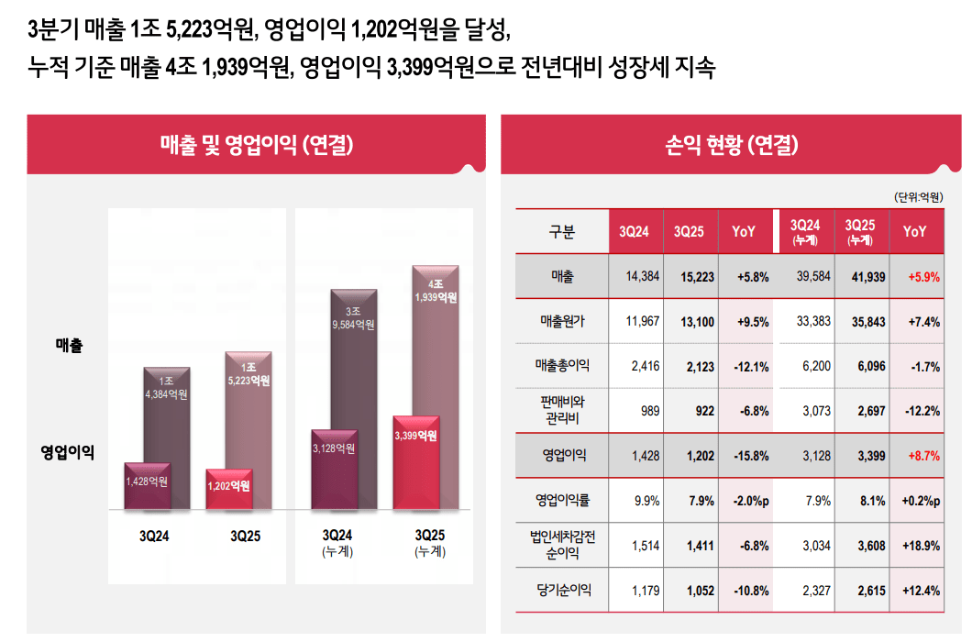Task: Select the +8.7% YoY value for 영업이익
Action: [x=922, y=456]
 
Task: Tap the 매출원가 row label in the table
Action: [x=562, y=322]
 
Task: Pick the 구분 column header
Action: [x=562, y=232]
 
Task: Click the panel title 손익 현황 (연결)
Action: [x=731, y=144]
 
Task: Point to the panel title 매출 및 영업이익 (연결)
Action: [x=256, y=144]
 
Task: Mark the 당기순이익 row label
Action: [x=562, y=591]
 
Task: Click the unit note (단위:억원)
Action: [x=918, y=197]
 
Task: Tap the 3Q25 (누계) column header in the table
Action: [x=860, y=232]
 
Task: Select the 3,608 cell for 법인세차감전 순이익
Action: [x=868, y=546]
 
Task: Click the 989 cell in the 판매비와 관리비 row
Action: [x=649, y=411]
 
